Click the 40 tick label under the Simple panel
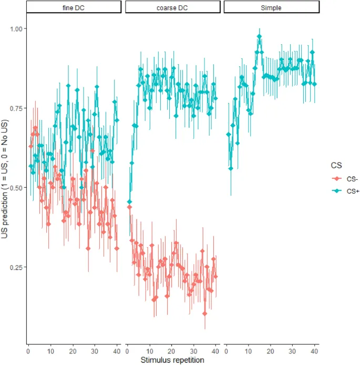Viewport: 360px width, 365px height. pos(314,350)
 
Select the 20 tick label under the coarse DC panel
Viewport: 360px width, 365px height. pos(171,350)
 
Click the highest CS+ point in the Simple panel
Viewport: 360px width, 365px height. pos(259,37)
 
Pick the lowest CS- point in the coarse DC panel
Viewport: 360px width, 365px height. pos(204,314)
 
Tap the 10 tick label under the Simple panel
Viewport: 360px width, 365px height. pos(248,350)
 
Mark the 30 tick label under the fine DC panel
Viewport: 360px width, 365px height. pos(95,350)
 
